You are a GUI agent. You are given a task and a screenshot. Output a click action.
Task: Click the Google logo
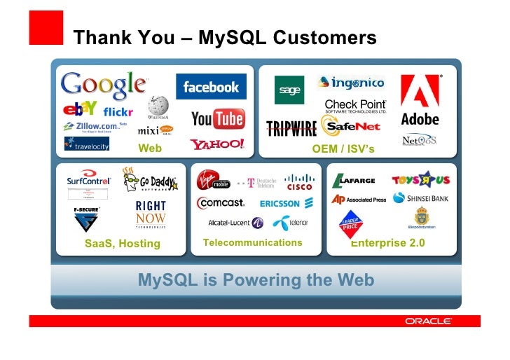[103, 85]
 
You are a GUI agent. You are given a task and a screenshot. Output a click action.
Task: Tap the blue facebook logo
[211, 87]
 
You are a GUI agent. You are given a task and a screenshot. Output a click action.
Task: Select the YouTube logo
[217, 119]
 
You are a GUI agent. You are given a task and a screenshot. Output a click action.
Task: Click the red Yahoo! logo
[217, 144]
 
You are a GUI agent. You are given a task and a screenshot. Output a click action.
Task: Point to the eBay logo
[79, 109]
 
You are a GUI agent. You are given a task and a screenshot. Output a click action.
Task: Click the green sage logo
[289, 90]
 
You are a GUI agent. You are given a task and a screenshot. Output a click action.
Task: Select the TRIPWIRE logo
[291, 127]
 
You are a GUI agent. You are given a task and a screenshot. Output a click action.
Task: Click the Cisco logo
[299, 182]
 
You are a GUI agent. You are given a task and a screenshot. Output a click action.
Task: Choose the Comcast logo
[221, 202]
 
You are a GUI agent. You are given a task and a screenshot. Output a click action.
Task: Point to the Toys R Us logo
[420, 180]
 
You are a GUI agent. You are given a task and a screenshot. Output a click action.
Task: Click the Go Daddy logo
[147, 180]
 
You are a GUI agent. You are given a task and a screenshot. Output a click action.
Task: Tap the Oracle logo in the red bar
[428, 321]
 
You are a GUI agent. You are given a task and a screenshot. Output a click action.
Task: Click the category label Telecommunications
[252, 243]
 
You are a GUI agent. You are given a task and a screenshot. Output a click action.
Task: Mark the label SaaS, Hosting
[123, 244]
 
